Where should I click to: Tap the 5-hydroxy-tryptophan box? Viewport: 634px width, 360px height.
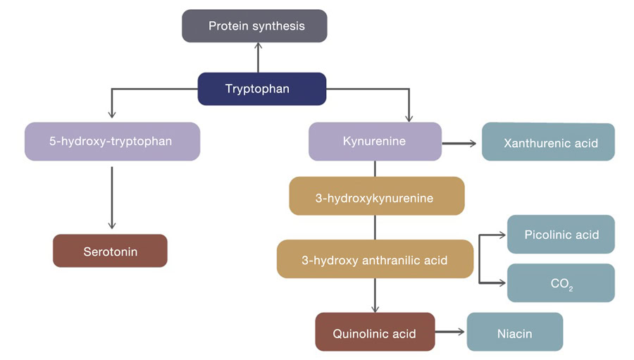(112, 141)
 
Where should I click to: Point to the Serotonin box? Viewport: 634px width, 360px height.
(110, 251)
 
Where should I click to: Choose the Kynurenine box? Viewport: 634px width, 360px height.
(375, 141)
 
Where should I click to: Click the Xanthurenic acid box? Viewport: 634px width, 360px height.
(548, 142)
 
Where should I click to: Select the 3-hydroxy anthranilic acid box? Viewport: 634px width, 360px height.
(375, 260)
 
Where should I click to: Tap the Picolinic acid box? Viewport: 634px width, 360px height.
(561, 234)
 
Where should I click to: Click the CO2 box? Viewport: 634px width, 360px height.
(561, 283)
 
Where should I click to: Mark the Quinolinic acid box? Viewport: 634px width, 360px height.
(375, 333)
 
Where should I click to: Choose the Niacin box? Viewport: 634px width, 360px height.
(515, 332)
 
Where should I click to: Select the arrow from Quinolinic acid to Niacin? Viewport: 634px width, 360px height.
(451, 333)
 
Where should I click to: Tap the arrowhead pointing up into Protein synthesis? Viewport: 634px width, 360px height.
(258, 46)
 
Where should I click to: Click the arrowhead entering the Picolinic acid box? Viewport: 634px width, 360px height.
(502, 235)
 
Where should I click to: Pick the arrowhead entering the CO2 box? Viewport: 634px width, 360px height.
(502, 283)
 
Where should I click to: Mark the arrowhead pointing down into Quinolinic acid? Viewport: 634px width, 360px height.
(375, 309)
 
